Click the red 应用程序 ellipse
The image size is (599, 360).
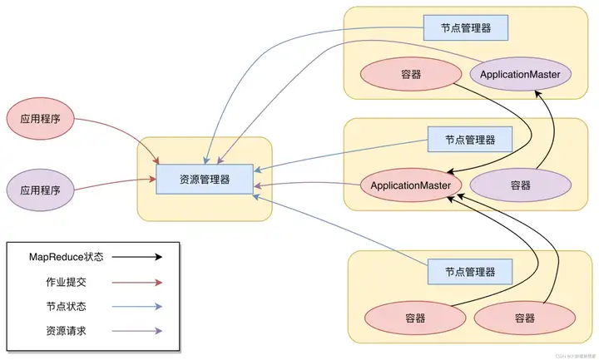(41, 120)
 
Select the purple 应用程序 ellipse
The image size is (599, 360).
(41, 190)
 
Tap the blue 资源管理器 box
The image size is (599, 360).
(205, 180)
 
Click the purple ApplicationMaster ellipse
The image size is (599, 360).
(521, 75)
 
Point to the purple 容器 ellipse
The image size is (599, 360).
(521, 184)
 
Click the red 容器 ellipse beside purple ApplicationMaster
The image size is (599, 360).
(410, 75)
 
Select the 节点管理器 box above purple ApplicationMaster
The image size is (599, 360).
(465, 27)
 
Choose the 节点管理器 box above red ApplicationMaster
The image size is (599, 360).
(469, 139)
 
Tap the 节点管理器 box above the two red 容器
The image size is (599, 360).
(469, 271)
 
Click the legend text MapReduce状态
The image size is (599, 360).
(62, 258)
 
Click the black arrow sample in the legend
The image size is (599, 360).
(136, 258)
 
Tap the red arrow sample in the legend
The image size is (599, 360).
(136, 282)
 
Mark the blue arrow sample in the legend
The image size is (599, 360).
(136, 306)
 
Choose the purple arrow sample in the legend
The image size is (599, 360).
(136, 330)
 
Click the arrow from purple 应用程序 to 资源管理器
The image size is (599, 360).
(116, 185)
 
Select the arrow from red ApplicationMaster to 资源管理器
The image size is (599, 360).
(308, 185)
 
